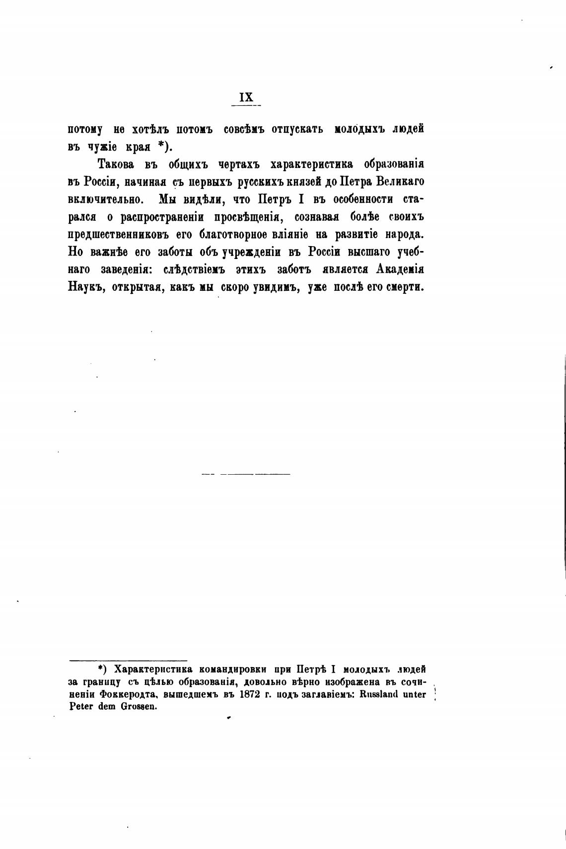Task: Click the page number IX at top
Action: [246, 97]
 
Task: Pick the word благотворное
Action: [234, 235]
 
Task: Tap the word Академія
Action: [399, 269]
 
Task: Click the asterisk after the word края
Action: [161, 146]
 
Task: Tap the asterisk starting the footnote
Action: [100, 669]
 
